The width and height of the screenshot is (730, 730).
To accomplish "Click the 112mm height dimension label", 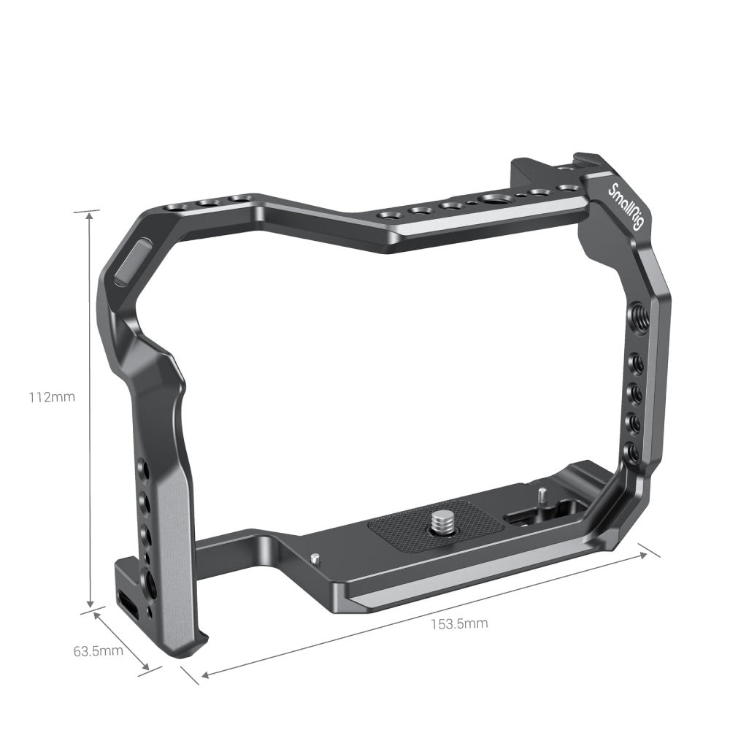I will pyautogui.click(x=52, y=398).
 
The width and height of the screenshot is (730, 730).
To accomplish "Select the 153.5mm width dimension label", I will pyautogui.click(x=458, y=623).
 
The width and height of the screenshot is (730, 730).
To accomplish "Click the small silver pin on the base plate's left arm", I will pyautogui.click(x=314, y=558).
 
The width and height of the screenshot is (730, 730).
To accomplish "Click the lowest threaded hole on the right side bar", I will pyautogui.click(x=632, y=452).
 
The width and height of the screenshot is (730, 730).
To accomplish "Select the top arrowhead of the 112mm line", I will pyautogui.click(x=91, y=214).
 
